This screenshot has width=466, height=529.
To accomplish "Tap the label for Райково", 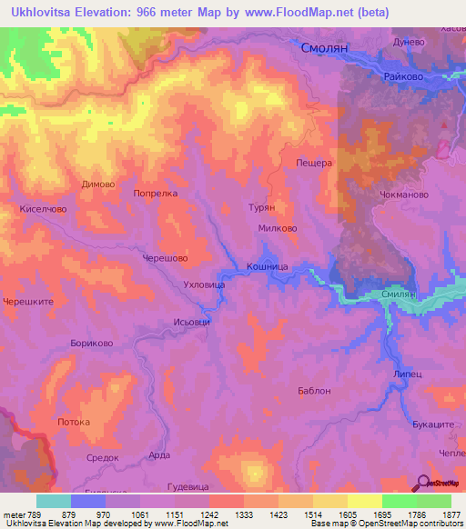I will [405, 77].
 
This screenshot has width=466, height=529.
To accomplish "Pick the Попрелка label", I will [155, 194].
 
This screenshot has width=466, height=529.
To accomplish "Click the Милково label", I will [278, 229].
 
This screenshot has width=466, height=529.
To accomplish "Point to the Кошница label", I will [268, 266].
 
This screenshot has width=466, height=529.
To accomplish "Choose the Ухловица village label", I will [205, 284].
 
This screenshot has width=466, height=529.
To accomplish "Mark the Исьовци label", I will [191, 322].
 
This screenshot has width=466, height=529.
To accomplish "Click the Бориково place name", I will [91, 344].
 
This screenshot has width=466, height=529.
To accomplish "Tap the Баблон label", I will [314, 391].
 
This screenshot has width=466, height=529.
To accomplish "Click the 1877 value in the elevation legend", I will [441, 515].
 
